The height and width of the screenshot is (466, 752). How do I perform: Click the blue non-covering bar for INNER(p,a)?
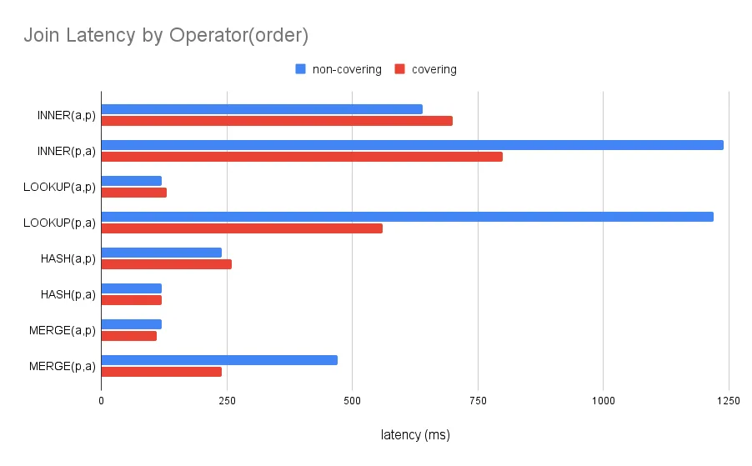pyautogui.click(x=412, y=145)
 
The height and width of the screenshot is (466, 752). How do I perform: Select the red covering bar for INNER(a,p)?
pyautogui.click(x=277, y=121)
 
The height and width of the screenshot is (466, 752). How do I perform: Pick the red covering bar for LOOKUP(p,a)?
pyautogui.click(x=242, y=228)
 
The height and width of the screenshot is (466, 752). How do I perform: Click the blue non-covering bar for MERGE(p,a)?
pyautogui.click(x=219, y=360)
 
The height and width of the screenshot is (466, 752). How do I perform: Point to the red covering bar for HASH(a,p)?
pyautogui.click(x=167, y=264)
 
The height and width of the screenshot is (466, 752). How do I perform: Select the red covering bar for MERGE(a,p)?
pyautogui.click(x=129, y=336)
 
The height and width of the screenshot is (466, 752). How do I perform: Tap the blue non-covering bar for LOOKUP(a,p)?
pyautogui.click(x=132, y=181)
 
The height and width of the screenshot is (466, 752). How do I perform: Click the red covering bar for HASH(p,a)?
pyautogui.click(x=132, y=300)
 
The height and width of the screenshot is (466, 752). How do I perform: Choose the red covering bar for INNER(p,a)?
pyautogui.click(x=302, y=157)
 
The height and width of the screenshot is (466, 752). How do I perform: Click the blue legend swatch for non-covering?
pyautogui.click(x=301, y=69)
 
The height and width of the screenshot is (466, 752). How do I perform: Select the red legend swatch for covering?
pyautogui.click(x=400, y=69)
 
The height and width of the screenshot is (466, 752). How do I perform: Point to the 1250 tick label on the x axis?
pyautogui.click(x=728, y=401)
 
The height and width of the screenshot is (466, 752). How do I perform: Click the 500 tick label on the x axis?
pyautogui.click(x=353, y=401)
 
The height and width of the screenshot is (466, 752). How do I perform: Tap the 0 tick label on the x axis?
pyautogui.click(x=101, y=401)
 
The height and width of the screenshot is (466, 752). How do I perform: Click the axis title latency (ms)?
pyautogui.click(x=415, y=435)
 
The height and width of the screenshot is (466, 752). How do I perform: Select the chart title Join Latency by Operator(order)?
pyautogui.click(x=166, y=36)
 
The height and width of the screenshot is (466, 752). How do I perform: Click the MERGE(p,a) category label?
pyautogui.click(x=63, y=366)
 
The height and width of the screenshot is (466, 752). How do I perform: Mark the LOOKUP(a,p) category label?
pyautogui.click(x=60, y=187)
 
